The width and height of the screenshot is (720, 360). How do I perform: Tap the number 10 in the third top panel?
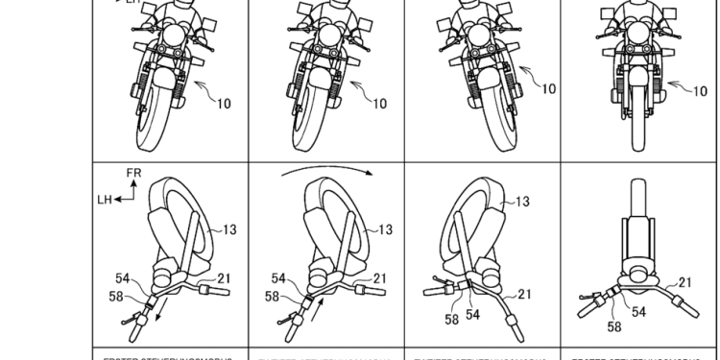(x=548, y=88)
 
